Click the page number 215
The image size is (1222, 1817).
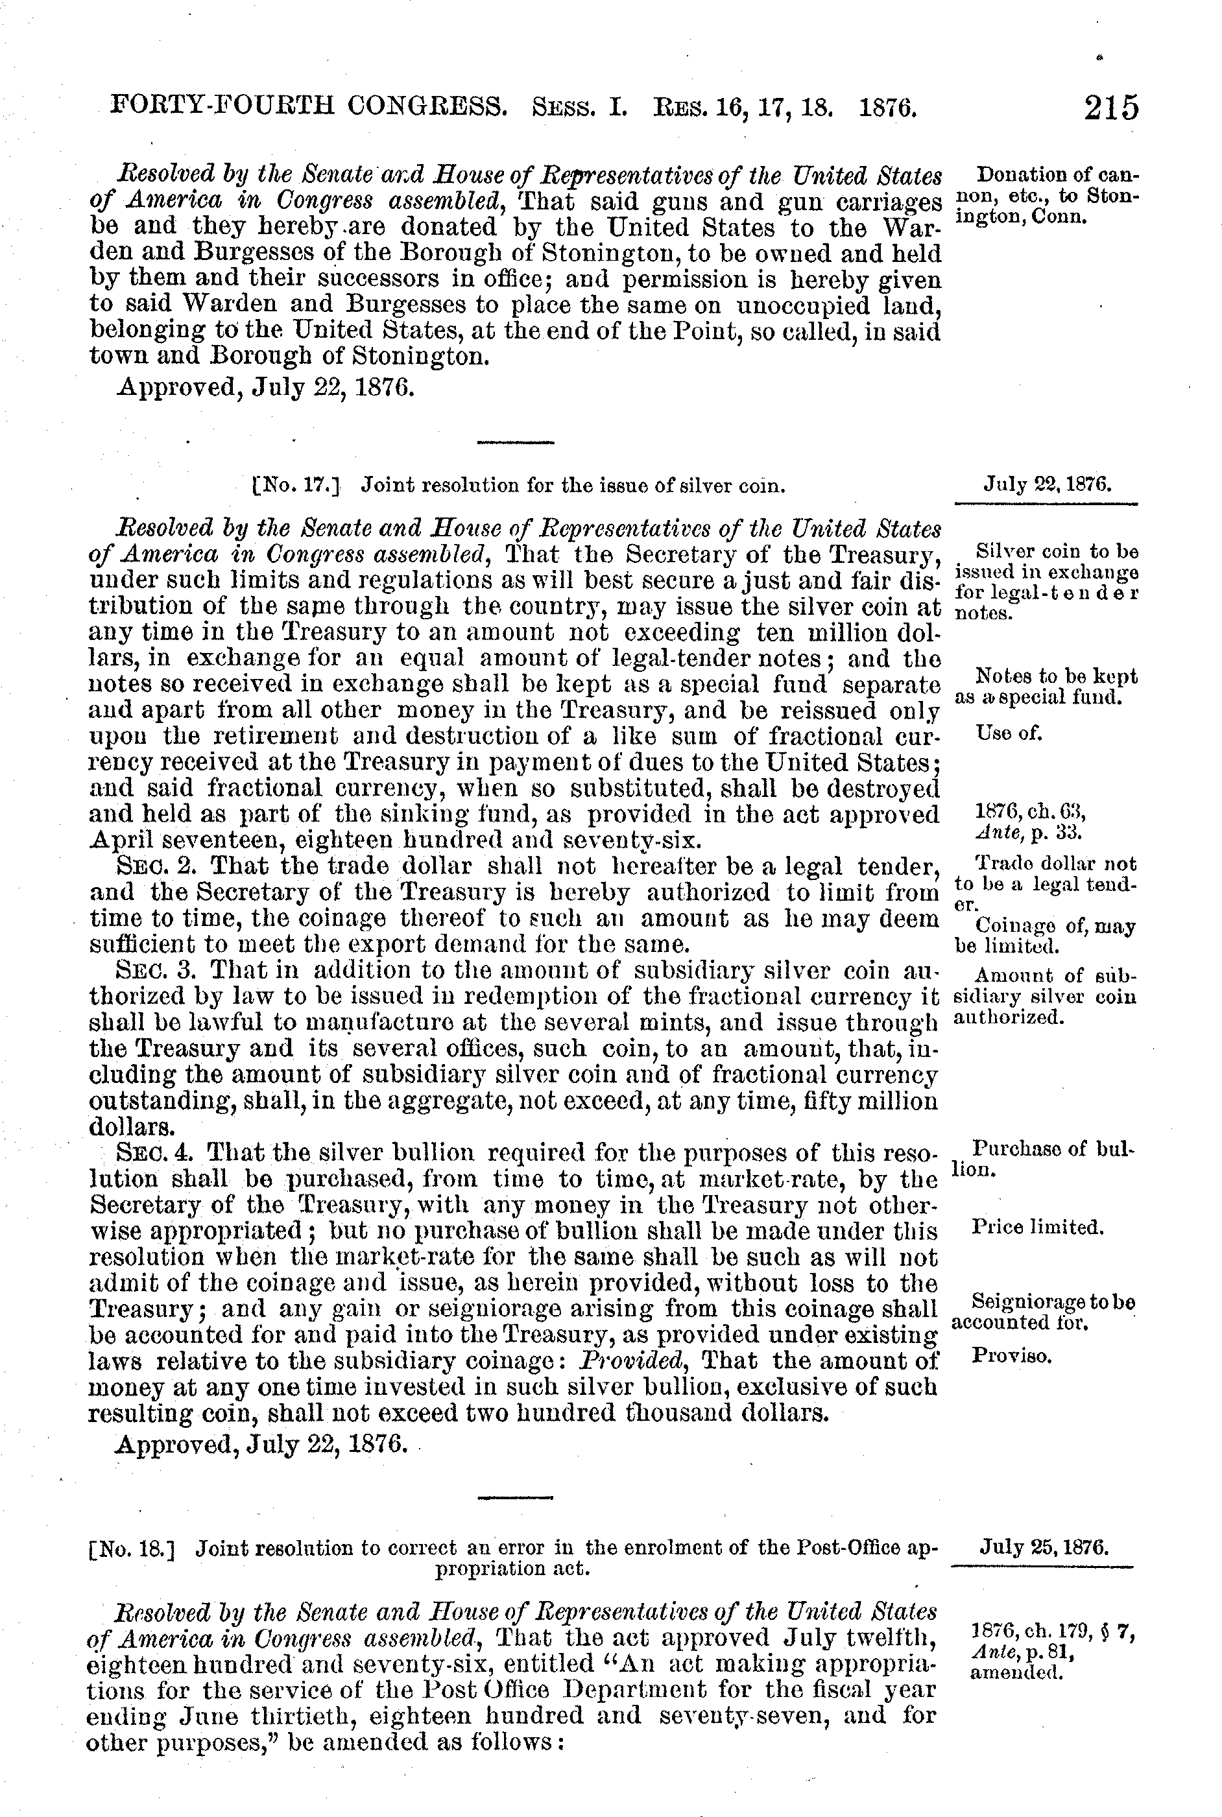pos(1110,107)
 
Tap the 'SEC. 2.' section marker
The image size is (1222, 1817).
pos(159,866)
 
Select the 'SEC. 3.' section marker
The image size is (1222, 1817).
pos(159,971)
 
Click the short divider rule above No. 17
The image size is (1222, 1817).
pos(515,442)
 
